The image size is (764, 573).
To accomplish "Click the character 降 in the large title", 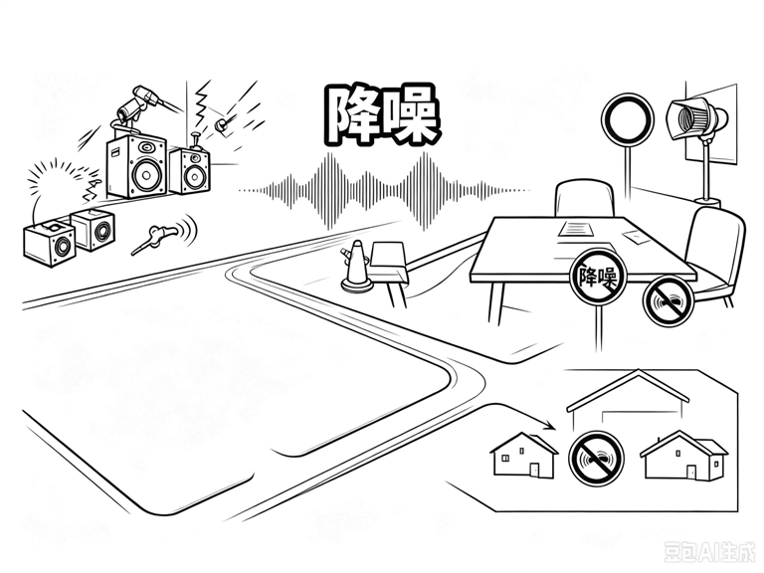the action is coord(353,115).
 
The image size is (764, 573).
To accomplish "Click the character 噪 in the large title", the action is coord(409,116).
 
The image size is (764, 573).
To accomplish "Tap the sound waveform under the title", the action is coord(384,191).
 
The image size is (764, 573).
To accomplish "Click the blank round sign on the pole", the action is coord(628,119).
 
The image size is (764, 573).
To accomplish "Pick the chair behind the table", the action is coord(584,199).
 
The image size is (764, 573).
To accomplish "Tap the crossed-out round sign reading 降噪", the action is coord(598,277).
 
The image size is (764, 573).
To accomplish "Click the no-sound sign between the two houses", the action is coord(597,459).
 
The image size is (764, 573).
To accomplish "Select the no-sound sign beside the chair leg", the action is coord(668,301).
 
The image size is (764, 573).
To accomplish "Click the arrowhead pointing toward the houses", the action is coord(549,426).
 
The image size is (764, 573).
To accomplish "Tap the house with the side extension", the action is coord(683,456).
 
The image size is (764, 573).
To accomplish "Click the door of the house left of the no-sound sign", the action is coord(534,471).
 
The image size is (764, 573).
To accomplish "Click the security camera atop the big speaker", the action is coord(140,103).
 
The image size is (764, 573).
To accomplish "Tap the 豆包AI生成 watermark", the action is coord(710,551).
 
